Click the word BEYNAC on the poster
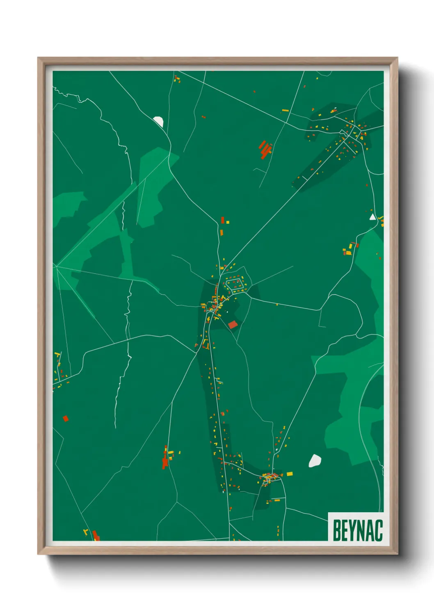click(357, 530)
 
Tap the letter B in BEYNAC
click(336, 530)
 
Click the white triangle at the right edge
click(372, 217)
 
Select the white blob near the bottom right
click(315, 461)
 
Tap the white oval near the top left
click(158, 121)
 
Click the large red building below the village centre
click(233, 325)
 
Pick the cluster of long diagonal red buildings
click(265, 149)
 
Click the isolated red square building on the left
click(65, 419)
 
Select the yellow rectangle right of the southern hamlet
click(290, 474)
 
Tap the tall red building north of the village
click(223, 220)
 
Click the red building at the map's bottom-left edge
click(96, 535)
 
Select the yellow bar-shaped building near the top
click(285, 111)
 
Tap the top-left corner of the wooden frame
click(38, 58)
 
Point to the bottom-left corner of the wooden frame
click(38, 554)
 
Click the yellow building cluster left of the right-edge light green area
click(349, 250)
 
